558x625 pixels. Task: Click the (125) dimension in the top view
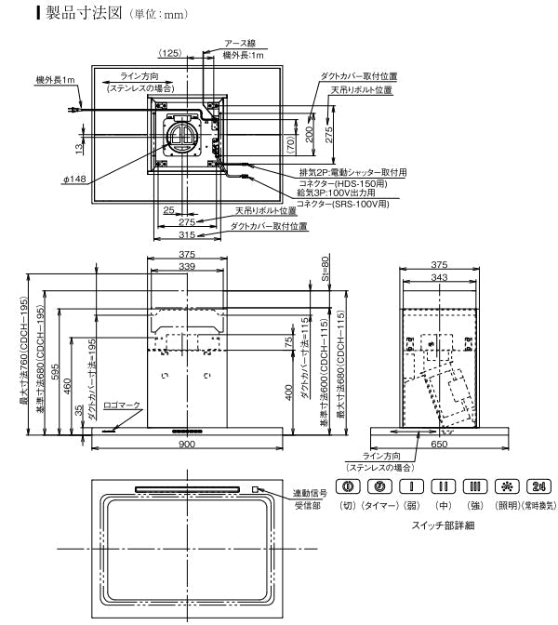pos(170,54)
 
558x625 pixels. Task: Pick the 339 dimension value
pos(187,266)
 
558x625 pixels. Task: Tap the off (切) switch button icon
pos(348,486)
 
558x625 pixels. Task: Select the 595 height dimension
pos(56,370)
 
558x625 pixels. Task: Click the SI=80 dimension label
pos(325,269)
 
